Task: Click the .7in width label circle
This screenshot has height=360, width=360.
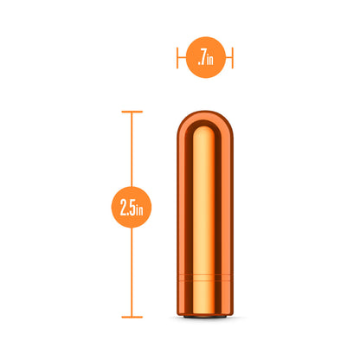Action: point(205,59)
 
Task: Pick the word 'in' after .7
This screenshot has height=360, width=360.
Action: point(210,60)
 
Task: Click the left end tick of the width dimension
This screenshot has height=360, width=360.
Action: point(177,59)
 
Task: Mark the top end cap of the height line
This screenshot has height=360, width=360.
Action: point(132,112)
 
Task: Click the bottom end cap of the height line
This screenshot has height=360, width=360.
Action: point(132,317)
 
